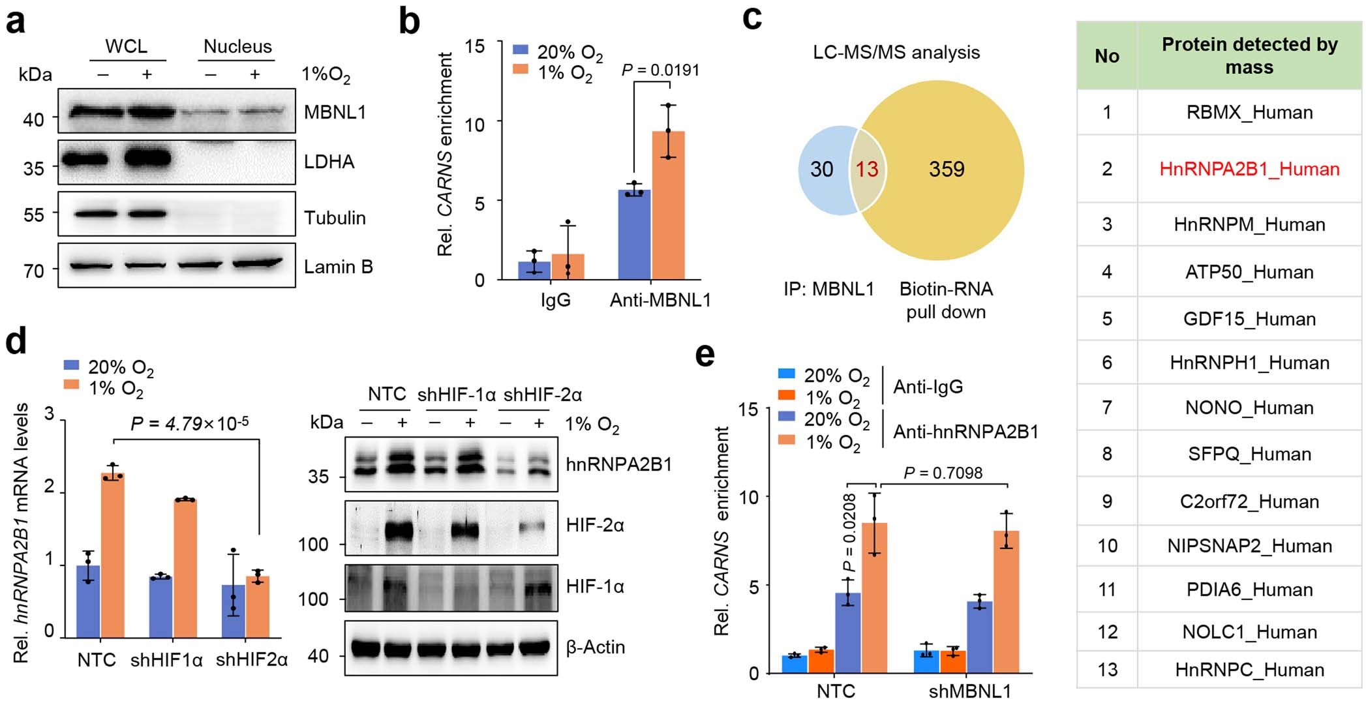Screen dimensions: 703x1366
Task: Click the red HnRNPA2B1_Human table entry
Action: pyautogui.click(x=1249, y=170)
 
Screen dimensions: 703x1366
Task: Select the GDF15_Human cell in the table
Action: pyautogui.click(x=1249, y=319)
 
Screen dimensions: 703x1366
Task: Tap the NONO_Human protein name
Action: pyautogui.click(x=1249, y=408)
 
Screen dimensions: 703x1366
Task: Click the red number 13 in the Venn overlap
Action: pyautogui.click(x=867, y=170)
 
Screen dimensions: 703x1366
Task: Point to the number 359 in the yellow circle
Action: pyautogui.click(x=946, y=170)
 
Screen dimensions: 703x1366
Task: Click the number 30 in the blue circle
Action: pyautogui.click(x=821, y=170)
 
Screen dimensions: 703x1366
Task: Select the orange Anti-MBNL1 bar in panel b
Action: pyautogui.click(x=668, y=205)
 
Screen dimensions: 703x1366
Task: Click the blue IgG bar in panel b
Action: pyautogui.click(x=534, y=270)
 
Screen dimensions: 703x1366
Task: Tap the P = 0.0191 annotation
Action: pyautogui.click(x=660, y=70)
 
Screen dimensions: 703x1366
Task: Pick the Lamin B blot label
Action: pyautogui.click(x=338, y=267)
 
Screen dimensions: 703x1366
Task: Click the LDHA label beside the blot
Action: pyautogui.click(x=329, y=162)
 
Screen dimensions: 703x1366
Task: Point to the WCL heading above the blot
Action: pyautogui.click(x=127, y=46)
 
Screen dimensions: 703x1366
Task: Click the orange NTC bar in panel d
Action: pyautogui.click(x=112, y=554)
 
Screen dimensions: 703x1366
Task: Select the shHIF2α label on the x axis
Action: pyautogui.click(x=252, y=660)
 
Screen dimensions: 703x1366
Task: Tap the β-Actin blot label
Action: pyautogui.click(x=595, y=647)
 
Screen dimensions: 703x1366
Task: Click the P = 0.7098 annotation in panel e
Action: pyautogui.click(x=943, y=472)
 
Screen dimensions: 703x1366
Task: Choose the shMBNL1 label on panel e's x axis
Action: pyautogui.click(x=969, y=691)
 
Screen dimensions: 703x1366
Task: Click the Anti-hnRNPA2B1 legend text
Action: pyautogui.click(x=965, y=432)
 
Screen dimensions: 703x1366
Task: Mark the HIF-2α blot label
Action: pyautogui.click(x=595, y=525)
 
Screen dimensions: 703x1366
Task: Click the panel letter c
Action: pyautogui.click(x=752, y=18)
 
